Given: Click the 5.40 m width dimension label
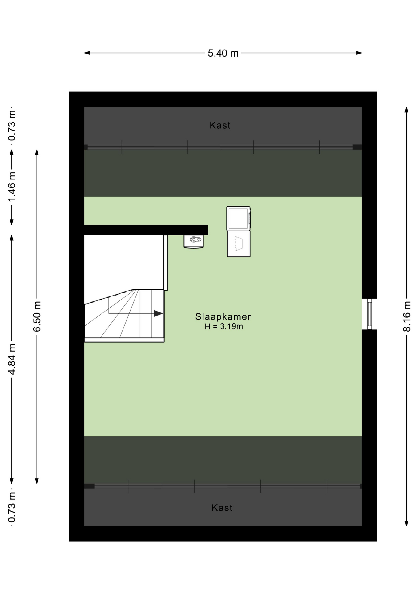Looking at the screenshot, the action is click(x=223, y=53).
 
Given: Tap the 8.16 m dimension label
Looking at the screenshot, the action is click(x=407, y=316).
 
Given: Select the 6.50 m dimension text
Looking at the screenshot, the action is click(x=37, y=316).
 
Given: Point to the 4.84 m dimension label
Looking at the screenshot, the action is click(x=12, y=359).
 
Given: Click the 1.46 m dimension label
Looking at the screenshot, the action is click(x=12, y=187).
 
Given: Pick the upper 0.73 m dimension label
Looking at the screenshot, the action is click(x=12, y=126).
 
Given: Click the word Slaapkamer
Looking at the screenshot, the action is click(x=223, y=316).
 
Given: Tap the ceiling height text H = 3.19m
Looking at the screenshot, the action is click(x=224, y=327).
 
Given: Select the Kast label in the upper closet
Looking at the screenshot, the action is click(x=220, y=125).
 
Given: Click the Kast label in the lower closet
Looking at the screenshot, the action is click(x=222, y=508).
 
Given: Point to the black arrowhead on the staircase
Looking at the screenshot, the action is click(x=158, y=313).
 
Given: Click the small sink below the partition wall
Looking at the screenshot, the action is click(x=194, y=241).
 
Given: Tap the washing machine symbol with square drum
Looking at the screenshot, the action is click(x=239, y=218).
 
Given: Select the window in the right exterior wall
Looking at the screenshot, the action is click(x=369, y=314).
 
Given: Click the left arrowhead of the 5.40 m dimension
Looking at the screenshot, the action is click(x=87, y=53).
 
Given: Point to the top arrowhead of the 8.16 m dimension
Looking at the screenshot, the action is click(x=407, y=110).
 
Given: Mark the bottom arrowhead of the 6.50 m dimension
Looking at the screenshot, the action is click(x=37, y=481).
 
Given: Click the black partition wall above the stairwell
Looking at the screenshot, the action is click(x=146, y=230).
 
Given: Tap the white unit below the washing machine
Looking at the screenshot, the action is click(x=239, y=244).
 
